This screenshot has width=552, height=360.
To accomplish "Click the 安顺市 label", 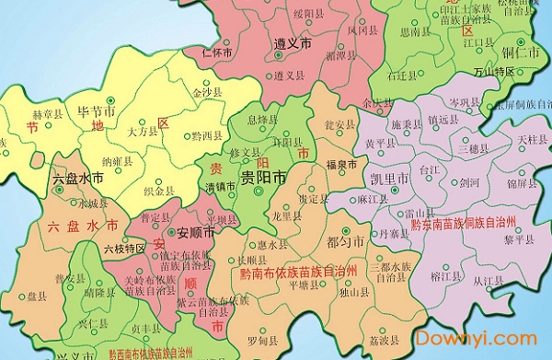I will [195, 231].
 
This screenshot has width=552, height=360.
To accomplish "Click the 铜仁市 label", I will [520, 44].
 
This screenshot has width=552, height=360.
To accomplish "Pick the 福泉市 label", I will [341, 164].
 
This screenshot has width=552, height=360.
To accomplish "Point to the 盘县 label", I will [37, 297].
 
